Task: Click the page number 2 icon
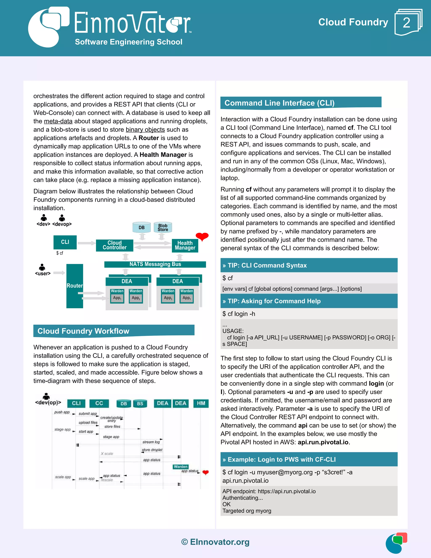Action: (407, 22)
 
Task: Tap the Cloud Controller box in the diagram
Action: (114, 245)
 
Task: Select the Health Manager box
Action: (185, 245)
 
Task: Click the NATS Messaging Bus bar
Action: (155, 264)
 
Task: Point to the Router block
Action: (74, 286)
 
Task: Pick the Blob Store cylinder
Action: (163, 227)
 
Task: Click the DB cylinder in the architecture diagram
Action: (141, 227)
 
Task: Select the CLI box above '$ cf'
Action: (65, 242)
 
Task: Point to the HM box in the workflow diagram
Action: (201, 403)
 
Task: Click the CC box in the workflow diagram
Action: (99, 403)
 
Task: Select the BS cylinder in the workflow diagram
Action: (140, 404)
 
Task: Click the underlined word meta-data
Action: (58, 121)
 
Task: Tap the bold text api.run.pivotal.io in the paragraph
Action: (323, 442)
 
